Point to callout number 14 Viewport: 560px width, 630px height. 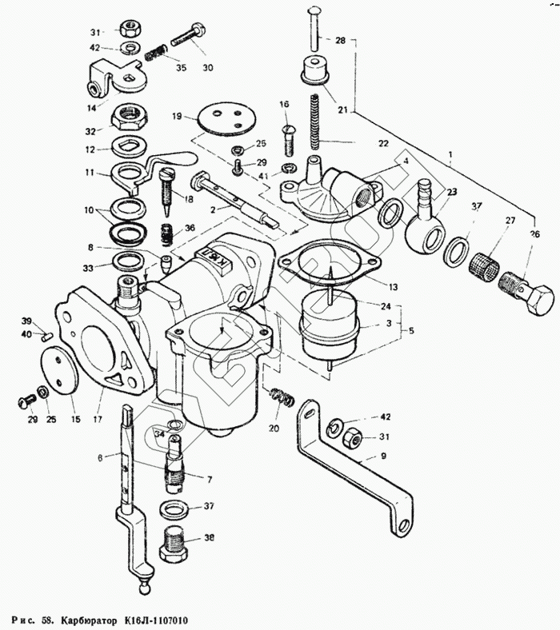pos(91,107)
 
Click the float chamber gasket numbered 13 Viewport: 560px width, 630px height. pos(326,260)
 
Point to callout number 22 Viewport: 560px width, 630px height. pos(383,143)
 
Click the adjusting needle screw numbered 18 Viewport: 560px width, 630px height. pos(170,192)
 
